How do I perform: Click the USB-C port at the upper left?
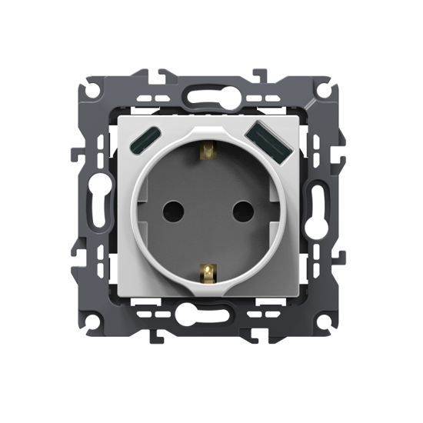pyautogui.click(x=144, y=141)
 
